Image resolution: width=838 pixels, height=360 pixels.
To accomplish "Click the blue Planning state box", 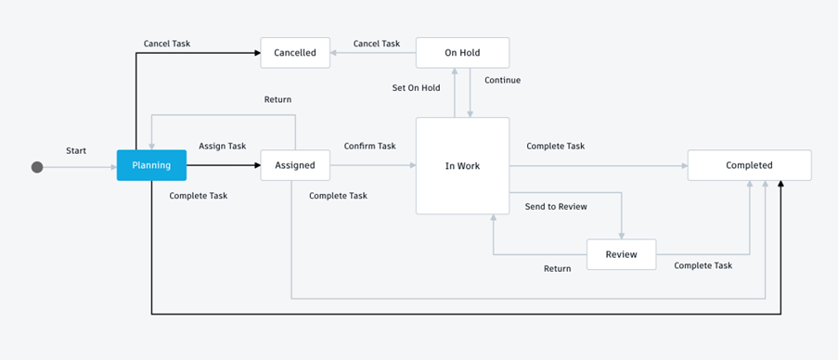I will (151, 165).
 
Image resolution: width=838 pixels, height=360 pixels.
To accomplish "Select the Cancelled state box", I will (295, 53).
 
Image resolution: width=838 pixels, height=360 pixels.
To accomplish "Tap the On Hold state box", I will (462, 53).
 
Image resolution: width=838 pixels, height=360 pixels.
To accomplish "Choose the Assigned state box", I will (295, 165).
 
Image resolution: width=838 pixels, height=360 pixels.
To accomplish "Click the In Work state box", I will (462, 165).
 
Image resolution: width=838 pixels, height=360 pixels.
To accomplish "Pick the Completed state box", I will (749, 165).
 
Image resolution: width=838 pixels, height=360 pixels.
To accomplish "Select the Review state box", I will (621, 254).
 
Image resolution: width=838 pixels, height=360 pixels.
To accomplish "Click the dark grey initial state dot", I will (37, 167).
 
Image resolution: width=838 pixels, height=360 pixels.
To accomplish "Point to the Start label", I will (76, 150).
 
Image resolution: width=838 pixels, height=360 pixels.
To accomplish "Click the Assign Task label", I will (223, 146).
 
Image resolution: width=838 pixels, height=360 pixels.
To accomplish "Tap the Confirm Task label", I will (369, 146).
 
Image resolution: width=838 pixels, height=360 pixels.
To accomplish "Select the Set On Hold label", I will (416, 87).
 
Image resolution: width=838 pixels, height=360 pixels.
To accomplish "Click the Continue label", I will (502, 80).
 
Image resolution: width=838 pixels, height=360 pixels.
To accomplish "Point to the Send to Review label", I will (555, 206).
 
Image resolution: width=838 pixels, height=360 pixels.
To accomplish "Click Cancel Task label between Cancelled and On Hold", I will (377, 44).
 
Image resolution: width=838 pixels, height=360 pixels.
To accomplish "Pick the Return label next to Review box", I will (557, 269).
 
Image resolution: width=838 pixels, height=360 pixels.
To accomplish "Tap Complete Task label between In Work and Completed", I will (555, 146).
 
